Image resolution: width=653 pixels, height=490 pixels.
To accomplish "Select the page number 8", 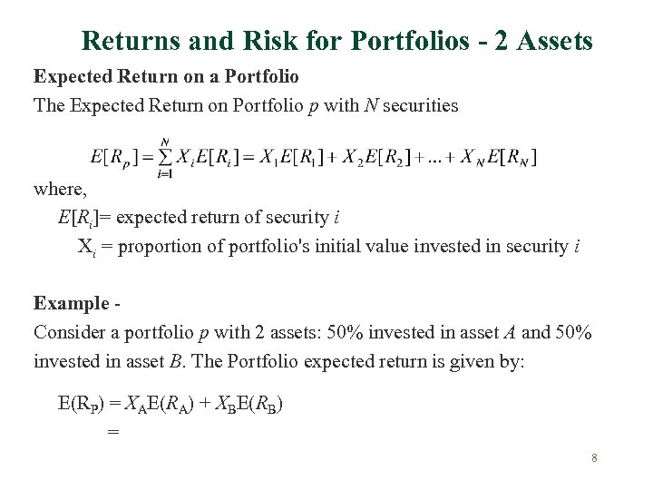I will [594, 458].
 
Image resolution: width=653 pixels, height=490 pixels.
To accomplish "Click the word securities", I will [420, 105].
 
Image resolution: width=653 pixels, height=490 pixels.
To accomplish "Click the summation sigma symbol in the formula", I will [164, 157].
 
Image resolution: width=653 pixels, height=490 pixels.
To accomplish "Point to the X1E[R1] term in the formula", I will [295, 158].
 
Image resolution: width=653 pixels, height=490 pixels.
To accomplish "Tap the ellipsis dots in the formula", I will [439, 159].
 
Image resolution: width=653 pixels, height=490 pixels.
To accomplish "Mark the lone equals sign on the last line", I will [112, 433].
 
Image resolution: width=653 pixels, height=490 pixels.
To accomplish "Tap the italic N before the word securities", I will [370, 105].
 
